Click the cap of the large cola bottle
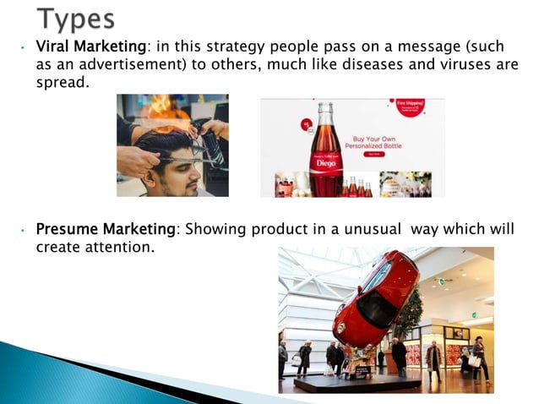[x=325, y=106]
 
